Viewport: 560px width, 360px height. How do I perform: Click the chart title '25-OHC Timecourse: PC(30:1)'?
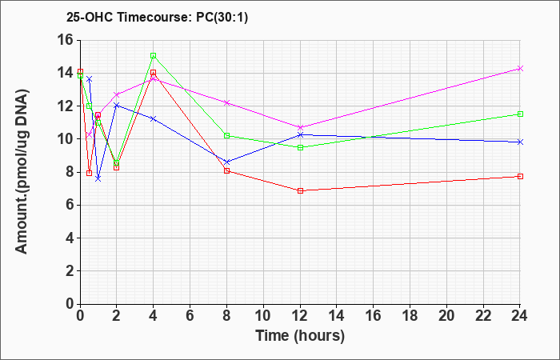157,18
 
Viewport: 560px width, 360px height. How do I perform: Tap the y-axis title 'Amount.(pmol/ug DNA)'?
22,171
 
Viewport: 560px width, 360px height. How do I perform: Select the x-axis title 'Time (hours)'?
300,336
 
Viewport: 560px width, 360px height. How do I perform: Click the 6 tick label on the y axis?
70,205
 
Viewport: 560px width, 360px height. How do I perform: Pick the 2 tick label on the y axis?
70,271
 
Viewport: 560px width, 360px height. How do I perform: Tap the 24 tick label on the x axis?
519,315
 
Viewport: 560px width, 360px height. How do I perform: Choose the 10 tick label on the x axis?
263,315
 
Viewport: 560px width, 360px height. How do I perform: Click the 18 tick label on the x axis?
410,315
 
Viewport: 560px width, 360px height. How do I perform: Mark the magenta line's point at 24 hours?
520,68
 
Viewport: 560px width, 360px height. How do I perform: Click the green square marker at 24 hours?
520,114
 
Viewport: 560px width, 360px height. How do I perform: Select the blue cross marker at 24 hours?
520,142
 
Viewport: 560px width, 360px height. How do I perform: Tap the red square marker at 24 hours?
520,176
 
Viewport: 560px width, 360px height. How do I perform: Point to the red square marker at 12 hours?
300,190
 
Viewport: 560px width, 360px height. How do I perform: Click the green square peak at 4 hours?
154,55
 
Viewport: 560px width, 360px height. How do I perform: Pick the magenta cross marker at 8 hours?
226,102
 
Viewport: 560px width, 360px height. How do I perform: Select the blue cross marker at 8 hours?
226,162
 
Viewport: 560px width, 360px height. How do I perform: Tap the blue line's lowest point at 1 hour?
98,178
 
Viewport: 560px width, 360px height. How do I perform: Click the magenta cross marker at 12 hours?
300,127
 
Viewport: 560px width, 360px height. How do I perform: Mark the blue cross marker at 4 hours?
154,118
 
